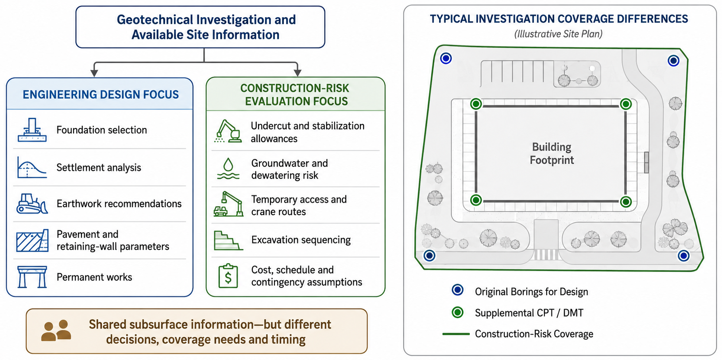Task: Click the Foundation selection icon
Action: point(32,130)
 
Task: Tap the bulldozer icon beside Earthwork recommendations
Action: point(32,204)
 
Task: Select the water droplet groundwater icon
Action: point(228,168)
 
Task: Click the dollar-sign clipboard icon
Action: point(228,276)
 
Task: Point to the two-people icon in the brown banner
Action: point(56,330)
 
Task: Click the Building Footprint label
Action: point(552,153)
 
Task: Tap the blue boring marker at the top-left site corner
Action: point(446,58)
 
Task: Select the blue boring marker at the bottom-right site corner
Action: point(683,256)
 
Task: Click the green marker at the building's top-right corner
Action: point(625,104)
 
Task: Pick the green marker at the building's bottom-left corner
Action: point(476,200)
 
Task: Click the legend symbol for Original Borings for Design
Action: point(457,290)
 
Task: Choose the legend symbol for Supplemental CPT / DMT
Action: point(457,312)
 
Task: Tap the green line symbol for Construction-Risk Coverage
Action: point(456,334)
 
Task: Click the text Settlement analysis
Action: point(99,167)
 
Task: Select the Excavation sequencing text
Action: point(301,240)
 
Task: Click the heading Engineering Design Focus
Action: point(100,94)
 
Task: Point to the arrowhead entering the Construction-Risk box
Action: point(297,73)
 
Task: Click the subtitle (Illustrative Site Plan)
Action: point(558,34)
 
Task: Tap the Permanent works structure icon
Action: point(32,277)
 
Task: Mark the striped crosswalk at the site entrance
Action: point(546,255)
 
